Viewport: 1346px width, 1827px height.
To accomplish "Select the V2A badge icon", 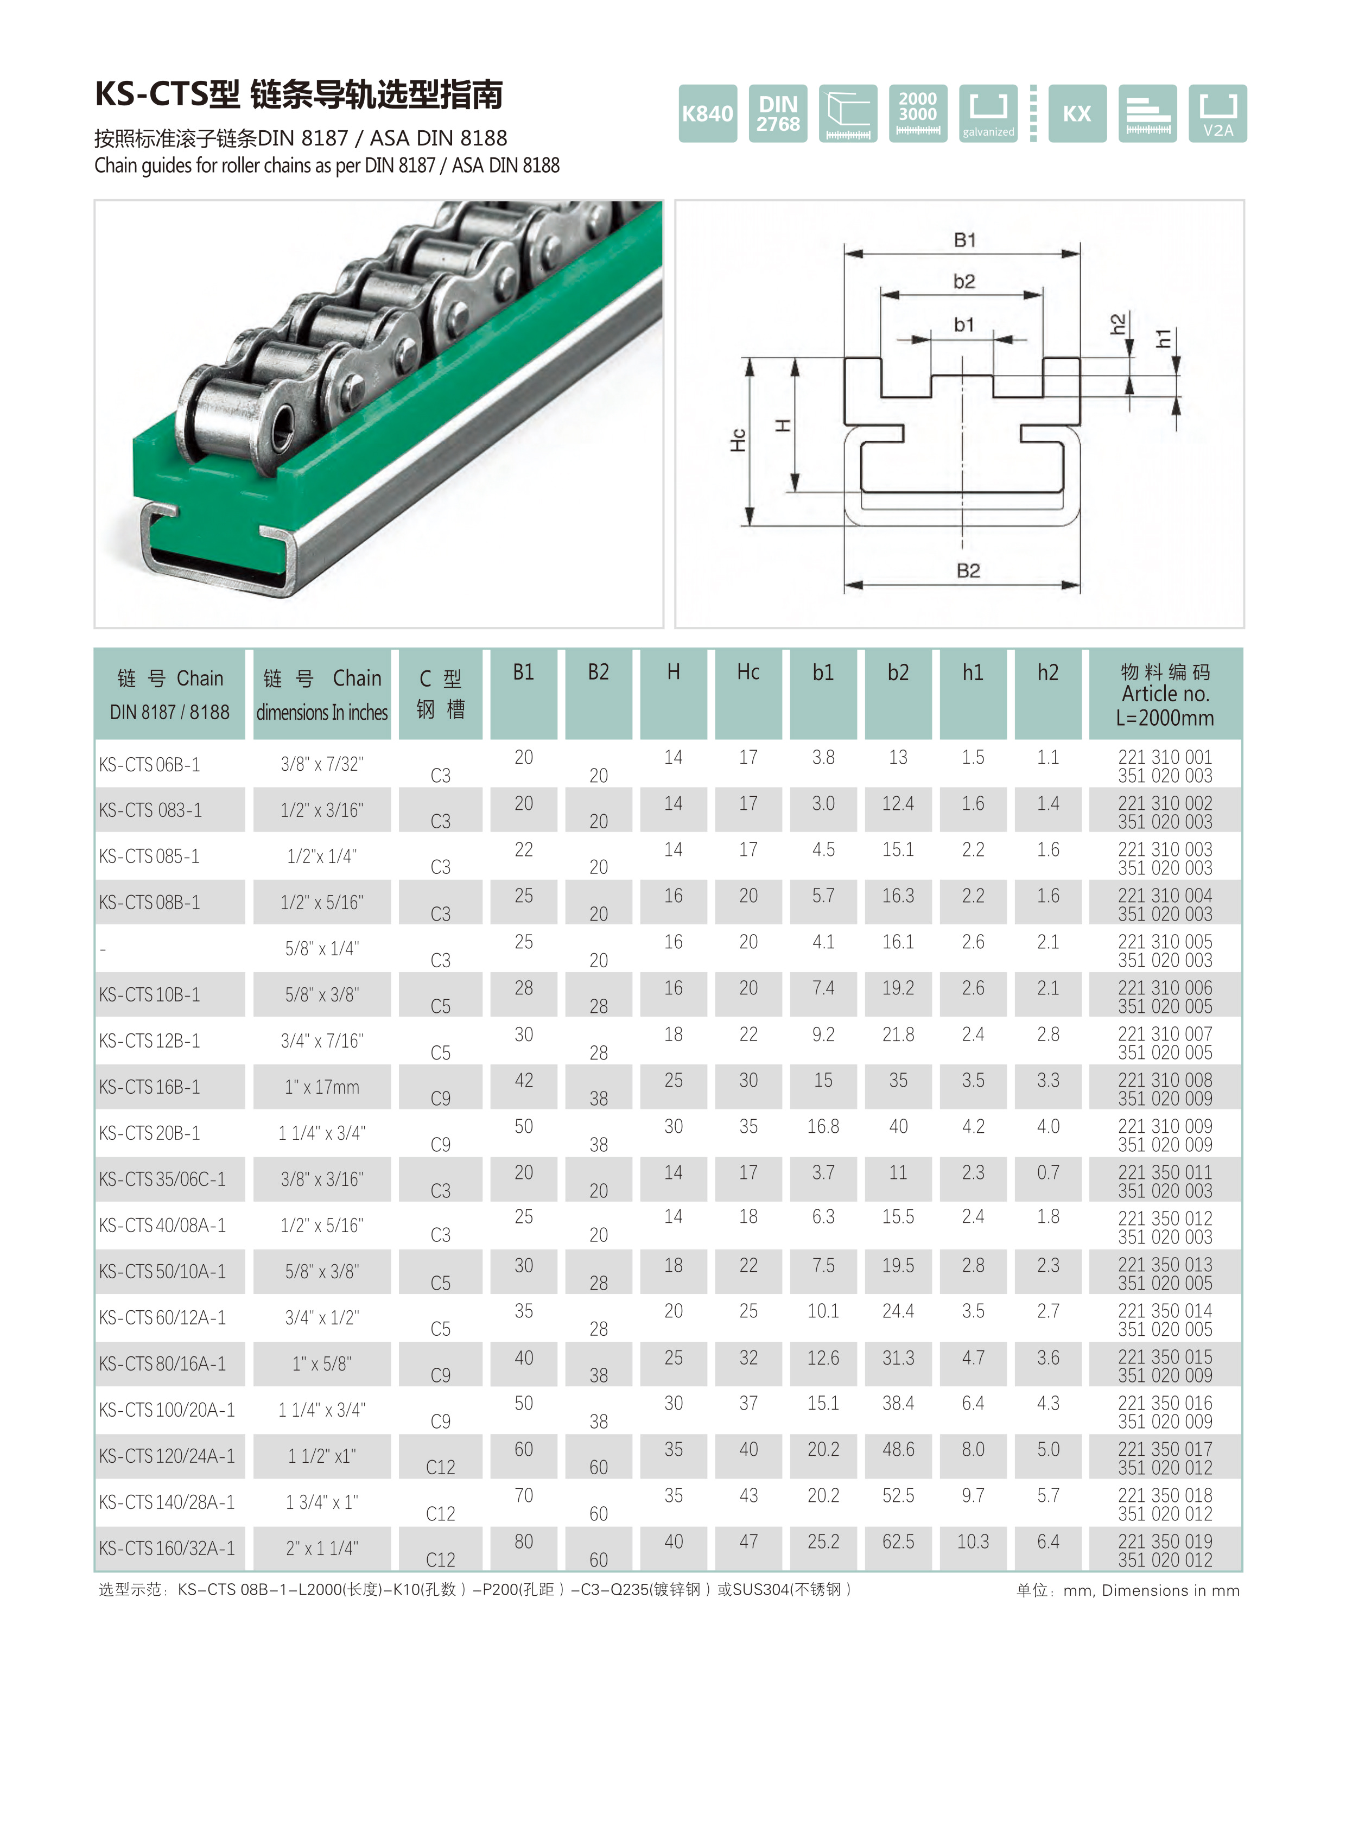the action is tap(1217, 113).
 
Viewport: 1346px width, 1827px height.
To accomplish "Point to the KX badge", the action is tap(1077, 113).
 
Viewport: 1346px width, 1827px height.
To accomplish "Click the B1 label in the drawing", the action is tap(964, 239).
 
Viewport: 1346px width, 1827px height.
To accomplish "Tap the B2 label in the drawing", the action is tap(968, 570).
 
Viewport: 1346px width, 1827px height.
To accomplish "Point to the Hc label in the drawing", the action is tap(738, 440).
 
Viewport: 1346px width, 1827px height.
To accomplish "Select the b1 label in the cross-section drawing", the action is tap(964, 325).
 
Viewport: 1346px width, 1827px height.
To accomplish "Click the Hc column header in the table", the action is tap(748, 673).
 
